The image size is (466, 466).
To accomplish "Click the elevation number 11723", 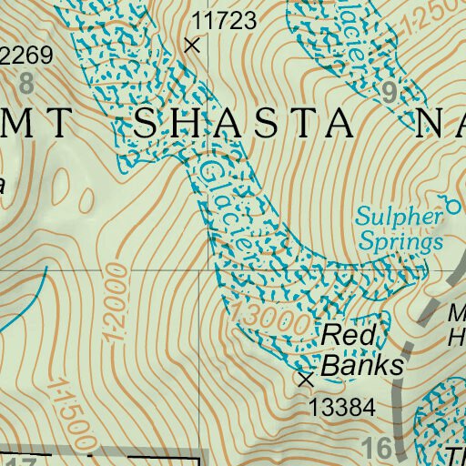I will click(x=224, y=19).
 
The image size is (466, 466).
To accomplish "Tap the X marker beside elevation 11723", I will click(x=191, y=44).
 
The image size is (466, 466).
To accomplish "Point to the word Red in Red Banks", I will click(x=349, y=336).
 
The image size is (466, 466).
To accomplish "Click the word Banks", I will click(x=363, y=365).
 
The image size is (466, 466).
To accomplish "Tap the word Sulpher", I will click(x=399, y=218).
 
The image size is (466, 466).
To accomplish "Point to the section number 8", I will click(x=25, y=85).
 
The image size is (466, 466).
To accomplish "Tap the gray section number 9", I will click(x=390, y=91).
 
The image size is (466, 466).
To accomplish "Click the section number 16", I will click(x=379, y=448).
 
